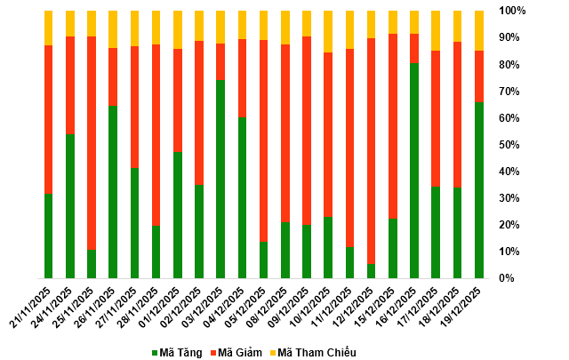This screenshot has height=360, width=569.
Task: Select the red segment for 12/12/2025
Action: (372, 151)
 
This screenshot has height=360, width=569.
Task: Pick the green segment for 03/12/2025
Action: (220, 179)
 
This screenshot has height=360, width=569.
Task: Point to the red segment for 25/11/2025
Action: (92, 143)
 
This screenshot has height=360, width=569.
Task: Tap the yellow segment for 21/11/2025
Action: (48, 28)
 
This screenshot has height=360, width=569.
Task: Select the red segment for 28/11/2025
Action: (156, 134)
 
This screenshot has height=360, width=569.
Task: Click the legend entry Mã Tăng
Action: (179, 353)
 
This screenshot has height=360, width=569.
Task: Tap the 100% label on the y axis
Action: (513, 12)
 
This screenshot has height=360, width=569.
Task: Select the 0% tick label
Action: (507, 278)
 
